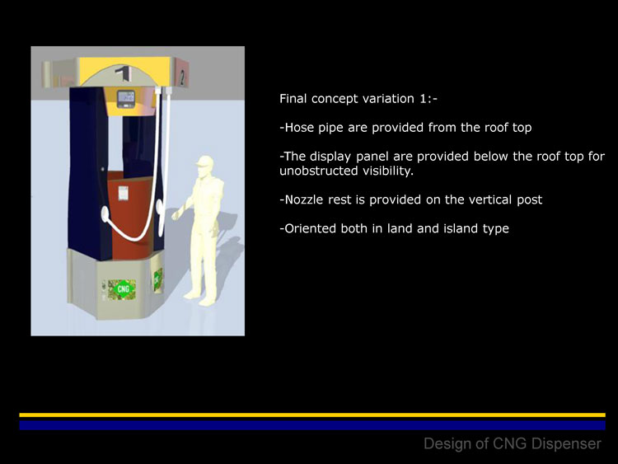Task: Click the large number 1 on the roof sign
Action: click(x=124, y=73)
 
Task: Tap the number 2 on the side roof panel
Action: click(x=182, y=77)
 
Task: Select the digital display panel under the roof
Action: click(x=126, y=99)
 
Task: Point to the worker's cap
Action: click(x=205, y=162)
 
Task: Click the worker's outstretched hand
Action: click(x=176, y=215)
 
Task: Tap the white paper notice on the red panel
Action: click(x=124, y=193)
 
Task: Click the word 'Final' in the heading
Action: click(x=293, y=98)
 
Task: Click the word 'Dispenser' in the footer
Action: click(x=566, y=443)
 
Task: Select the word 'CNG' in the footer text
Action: click(x=510, y=443)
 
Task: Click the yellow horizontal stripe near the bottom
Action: click(x=312, y=415)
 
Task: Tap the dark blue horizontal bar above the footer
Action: click(x=312, y=425)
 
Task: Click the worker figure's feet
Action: click(x=200, y=298)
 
